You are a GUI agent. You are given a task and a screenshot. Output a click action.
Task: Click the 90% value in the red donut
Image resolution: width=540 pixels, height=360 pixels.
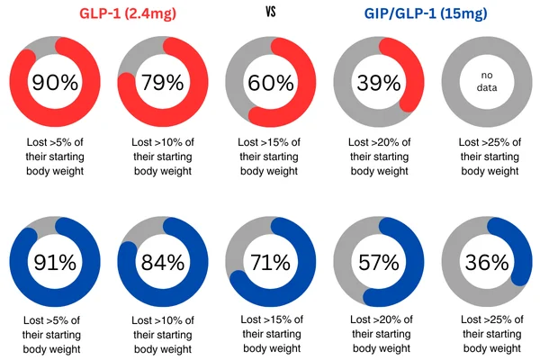(x=54, y=84)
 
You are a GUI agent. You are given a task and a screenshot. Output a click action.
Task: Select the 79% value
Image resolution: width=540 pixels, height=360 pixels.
(x=162, y=84)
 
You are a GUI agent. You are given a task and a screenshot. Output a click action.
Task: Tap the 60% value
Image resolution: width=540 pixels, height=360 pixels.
(x=271, y=84)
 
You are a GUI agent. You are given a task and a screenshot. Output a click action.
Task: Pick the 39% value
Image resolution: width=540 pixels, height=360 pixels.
(x=379, y=84)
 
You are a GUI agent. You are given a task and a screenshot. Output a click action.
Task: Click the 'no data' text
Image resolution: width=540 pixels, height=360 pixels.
(x=487, y=84)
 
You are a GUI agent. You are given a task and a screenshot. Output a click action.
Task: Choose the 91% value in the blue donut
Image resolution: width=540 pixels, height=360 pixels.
(x=54, y=264)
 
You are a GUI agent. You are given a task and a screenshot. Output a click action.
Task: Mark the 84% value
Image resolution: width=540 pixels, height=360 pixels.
(x=162, y=264)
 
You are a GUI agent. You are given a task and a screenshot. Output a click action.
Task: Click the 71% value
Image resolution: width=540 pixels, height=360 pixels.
(x=271, y=264)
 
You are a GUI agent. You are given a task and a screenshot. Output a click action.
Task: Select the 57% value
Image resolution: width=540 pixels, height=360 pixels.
(x=379, y=264)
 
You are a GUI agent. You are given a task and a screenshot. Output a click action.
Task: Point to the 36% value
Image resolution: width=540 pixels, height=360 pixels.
(x=487, y=264)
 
